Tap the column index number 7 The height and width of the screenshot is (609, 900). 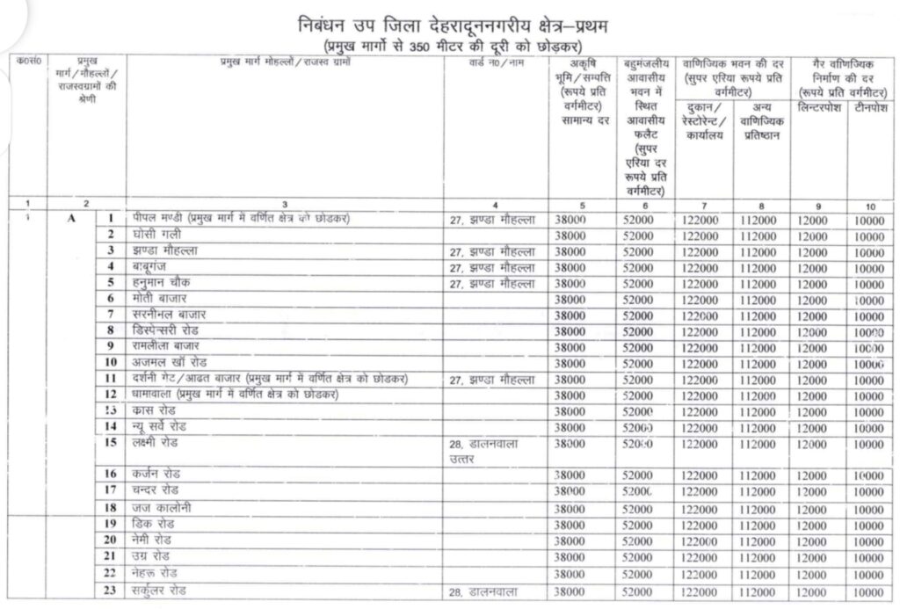tap(703, 205)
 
